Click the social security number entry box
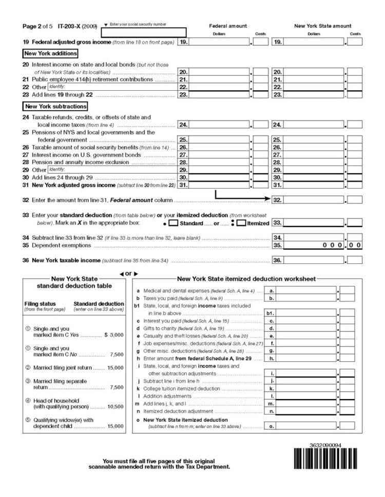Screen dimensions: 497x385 click(x=143, y=33)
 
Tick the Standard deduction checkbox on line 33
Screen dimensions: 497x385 click(x=174, y=223)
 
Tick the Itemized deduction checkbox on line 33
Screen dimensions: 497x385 click(x=241, y=223)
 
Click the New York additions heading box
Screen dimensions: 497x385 click(x=50, y=53)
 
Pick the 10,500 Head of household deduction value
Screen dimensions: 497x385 click(x=115, y=406)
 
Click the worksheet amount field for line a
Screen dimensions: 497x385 click(x=306, y=291)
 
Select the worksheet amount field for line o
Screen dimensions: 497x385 click(x=306, y=426)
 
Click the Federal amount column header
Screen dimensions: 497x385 click(x=228, y=26)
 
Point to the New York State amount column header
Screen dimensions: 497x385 click(x=322, y=26)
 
